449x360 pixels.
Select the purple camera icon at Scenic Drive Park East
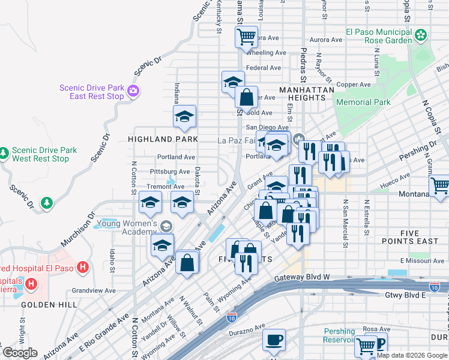coord(133,92)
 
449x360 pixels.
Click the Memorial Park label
coord(363,103)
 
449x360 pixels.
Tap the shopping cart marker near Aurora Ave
coord(246,37)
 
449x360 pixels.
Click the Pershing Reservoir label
coord(339,335)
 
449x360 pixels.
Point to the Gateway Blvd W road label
coord(303,278)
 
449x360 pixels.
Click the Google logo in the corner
coord(20,353)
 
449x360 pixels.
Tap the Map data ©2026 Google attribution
coord(412,355)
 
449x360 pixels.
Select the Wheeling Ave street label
coord(267,53)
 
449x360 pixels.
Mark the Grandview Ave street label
coord(93,290)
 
